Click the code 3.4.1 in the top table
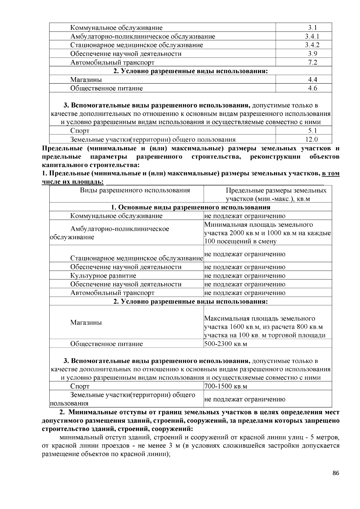[x=312, y=37]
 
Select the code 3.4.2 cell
[x=312, y=45]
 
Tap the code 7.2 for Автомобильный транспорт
[x=312, y=63]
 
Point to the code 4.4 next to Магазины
[x=312, y=80]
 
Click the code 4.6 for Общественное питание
[x=312, y=88]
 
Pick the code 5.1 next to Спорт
[x=312, y=131]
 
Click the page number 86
[x=336, y=473]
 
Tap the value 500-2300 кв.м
[x=226, y=344]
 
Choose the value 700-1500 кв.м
[x=226, y=386]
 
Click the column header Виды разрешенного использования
[x=135, y=191]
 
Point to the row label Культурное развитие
[x=103, y=276]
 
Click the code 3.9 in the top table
[x=312, y=54]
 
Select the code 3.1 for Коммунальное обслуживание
[x=312, y=28]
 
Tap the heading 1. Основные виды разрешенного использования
[x=190, y=207]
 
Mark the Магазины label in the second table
[x=86, y=323]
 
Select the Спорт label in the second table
[x=79, y=386]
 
